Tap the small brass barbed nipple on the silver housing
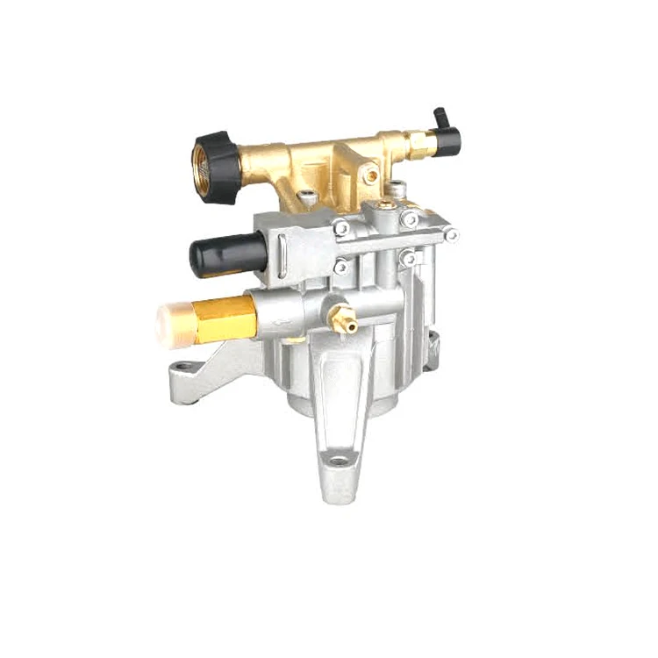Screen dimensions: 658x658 (342, 322)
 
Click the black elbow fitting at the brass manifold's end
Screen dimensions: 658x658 (446, 131)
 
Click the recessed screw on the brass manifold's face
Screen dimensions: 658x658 (372, 175)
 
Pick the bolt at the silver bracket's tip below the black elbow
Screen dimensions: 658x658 (451, 234)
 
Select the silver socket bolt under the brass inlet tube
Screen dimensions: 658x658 (308, 199)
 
